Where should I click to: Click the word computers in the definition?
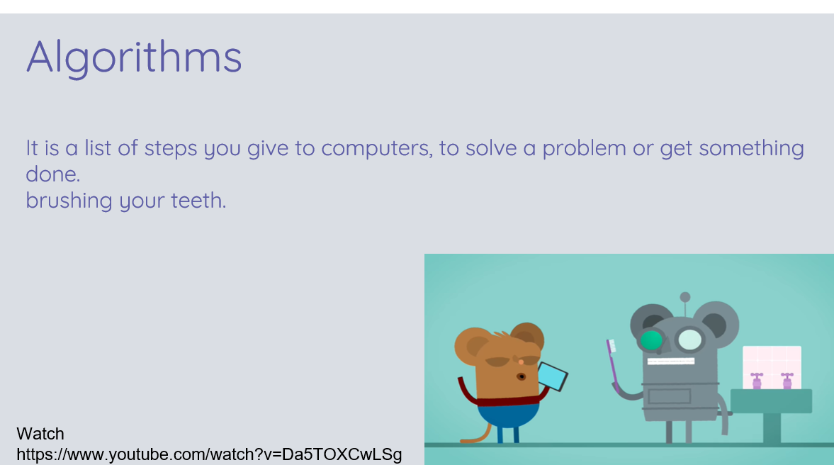pos(376,148)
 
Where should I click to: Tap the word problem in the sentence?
pos(584,148)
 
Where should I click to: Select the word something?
pos(751,148)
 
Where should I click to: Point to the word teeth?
pos(198,201)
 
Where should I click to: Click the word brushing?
pos(69,201)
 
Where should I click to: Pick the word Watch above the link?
pos(40,434)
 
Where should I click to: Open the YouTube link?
pos(209,454)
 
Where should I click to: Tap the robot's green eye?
pos(651,340)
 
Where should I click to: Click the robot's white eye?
pos(690,340)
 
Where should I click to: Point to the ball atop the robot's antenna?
pos(685,297)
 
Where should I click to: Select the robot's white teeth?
pos(671,362)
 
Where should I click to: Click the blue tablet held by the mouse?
pos(553,376)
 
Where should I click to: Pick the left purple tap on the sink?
pos(756,381)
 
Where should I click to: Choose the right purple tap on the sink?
pos(787,381)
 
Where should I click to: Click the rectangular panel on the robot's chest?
pos(670,396)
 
